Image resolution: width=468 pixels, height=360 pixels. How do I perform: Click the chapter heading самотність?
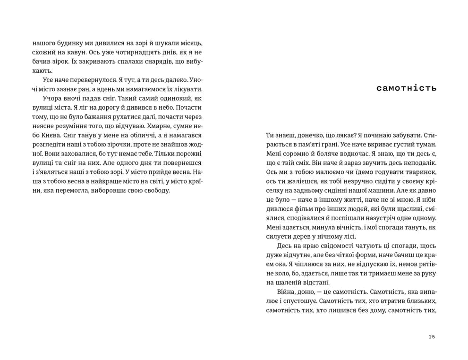click(x=407, y=88)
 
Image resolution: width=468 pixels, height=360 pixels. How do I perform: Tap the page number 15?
click(x=432, y=336)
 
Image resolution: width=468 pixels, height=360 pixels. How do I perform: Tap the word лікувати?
click(x=189, y=89)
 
